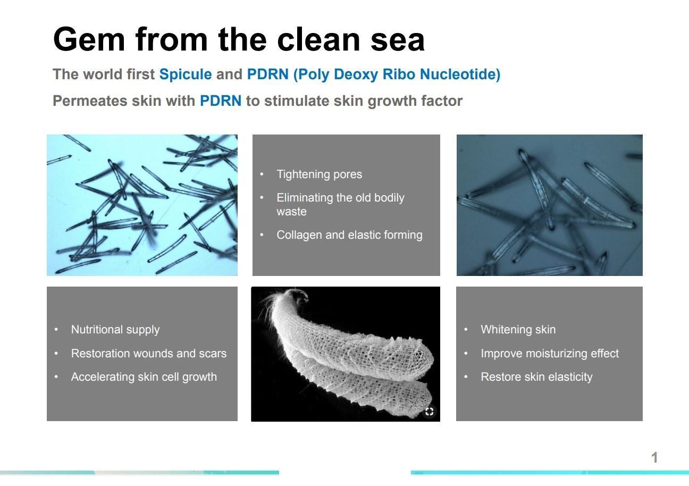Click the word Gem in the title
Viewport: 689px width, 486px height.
(x=89, y=39)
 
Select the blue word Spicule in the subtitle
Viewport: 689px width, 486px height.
(x=186, y=74)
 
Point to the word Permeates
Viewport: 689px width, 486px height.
(x=90, y=101)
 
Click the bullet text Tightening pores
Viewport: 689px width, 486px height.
(x=320, y=174)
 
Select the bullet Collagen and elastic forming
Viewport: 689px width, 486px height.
(x=349, y=234)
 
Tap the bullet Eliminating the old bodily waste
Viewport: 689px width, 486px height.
(x=340, y=204)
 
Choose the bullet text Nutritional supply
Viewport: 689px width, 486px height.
(x=115, y=330)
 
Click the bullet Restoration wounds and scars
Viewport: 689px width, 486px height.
(x=148, y=353)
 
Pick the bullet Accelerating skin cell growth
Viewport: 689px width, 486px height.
(x=144, y=377)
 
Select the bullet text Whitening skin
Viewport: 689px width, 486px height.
(x=518, y=330)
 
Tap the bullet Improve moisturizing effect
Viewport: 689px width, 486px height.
(x=550, y=353)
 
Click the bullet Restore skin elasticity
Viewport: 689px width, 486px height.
(x=536, y=377)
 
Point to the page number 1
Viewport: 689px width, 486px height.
(x=654, y=457)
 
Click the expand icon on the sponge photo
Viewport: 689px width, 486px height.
(x=430, y=411)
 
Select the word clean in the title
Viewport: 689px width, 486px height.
(x=318, y=39)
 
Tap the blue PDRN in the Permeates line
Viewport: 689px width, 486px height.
(x=221, y=101)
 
